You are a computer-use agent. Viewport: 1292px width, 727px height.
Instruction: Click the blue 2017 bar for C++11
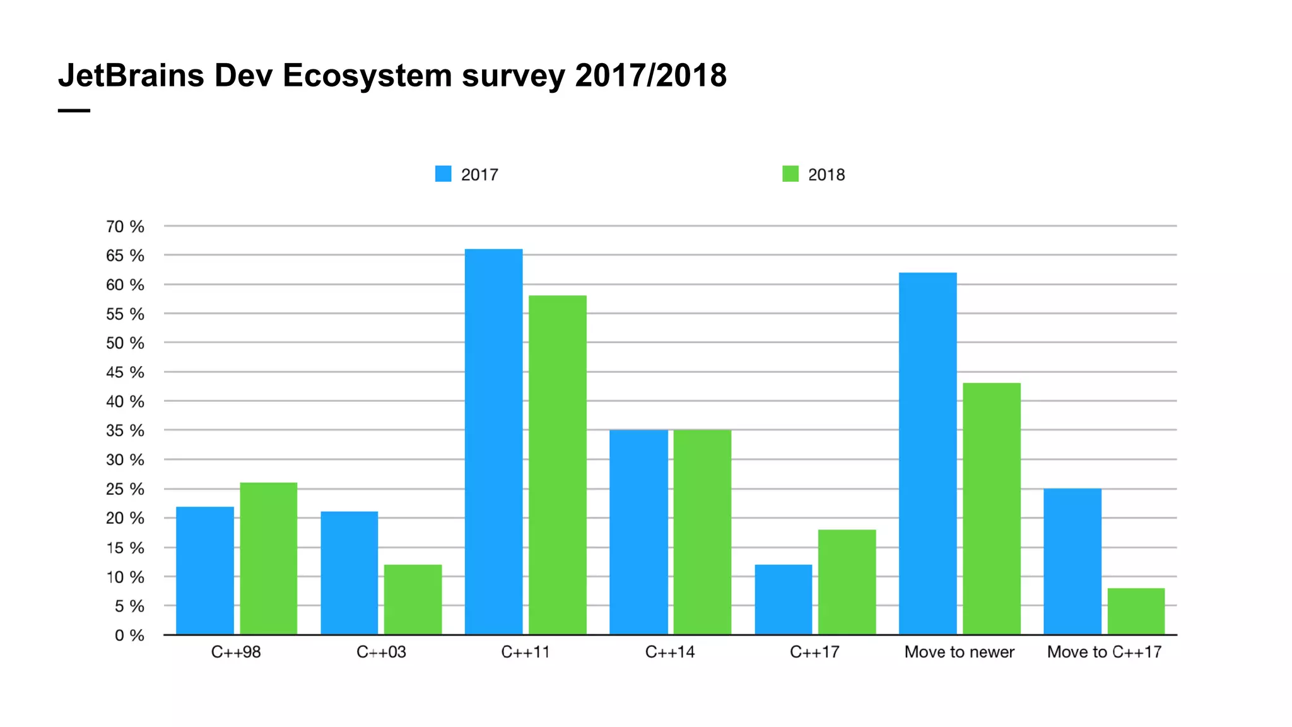point(493,442)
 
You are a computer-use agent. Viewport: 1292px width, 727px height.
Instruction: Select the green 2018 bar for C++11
point(557,465)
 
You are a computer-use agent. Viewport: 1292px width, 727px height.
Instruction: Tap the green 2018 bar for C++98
point(268,559)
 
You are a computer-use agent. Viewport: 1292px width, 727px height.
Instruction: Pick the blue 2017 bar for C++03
point(349,573)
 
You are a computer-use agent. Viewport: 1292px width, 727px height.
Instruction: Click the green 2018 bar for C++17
point(847,582)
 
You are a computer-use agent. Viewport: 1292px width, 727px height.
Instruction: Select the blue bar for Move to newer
point(927,453)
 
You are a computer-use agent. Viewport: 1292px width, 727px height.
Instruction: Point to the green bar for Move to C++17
point(1136,611)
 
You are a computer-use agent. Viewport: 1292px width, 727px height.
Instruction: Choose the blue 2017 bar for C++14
point(638,532)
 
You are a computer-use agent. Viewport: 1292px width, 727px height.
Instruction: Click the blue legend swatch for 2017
point(443,174)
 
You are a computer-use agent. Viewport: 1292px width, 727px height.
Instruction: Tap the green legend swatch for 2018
point(790,174)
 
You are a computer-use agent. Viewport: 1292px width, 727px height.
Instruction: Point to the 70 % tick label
point(125,227)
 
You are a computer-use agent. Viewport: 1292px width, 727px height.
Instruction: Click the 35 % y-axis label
point(125,431)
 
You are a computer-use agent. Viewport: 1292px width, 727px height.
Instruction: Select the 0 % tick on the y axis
point(129,635)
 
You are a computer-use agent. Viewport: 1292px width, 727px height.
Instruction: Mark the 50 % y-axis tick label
point(125,343)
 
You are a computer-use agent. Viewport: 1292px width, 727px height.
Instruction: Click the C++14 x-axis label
point(669,652)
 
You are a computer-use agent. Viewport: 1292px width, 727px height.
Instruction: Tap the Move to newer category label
point(959,652)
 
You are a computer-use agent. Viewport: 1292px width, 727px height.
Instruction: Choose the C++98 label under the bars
point(235,652)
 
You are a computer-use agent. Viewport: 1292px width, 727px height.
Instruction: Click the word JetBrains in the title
point(131,76)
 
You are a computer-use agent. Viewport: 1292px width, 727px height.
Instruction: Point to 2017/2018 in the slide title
point(650,76)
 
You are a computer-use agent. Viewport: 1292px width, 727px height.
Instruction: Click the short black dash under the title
point(74,110)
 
